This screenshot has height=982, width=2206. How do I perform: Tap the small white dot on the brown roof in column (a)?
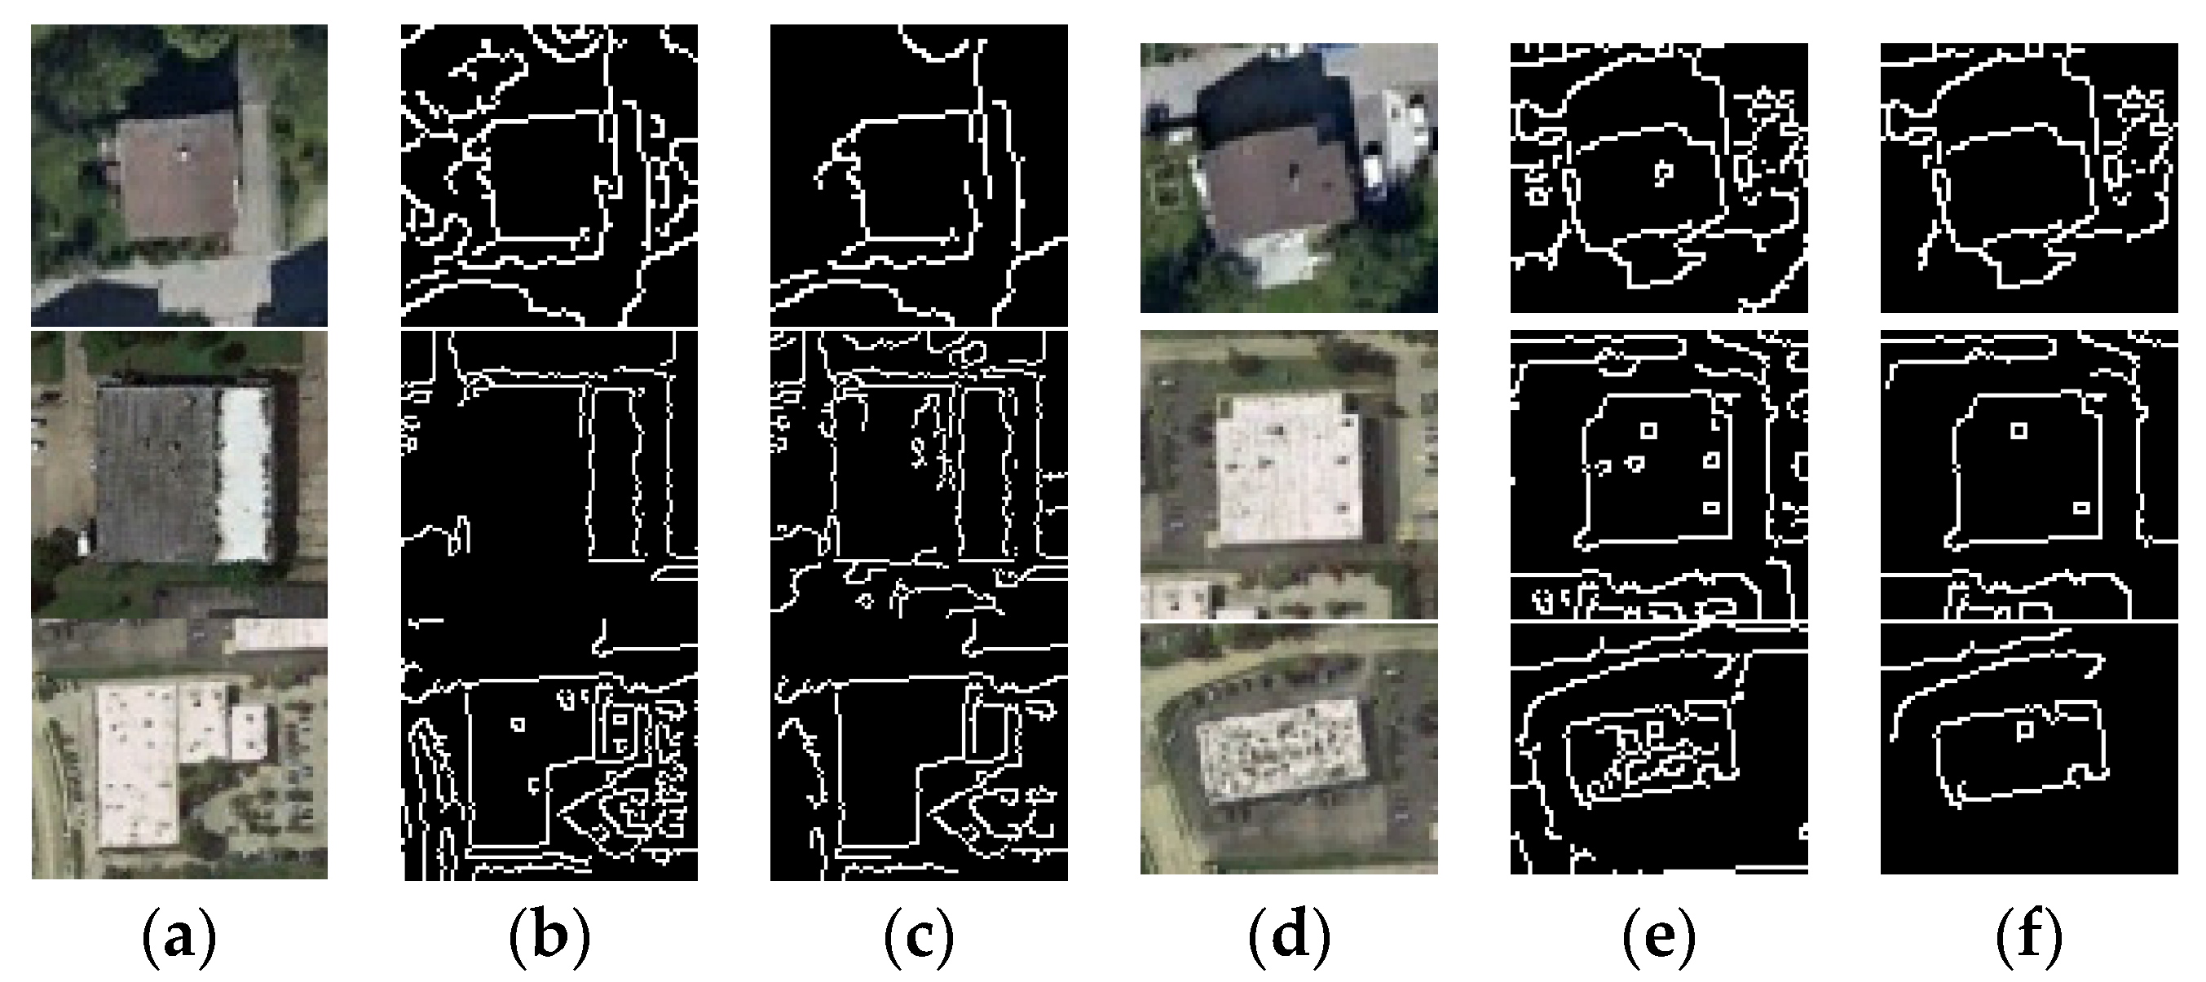[x=183, y=154]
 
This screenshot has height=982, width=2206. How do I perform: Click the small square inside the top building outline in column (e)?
[x=1663, y=172]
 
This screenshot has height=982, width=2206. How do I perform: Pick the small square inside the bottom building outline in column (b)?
[x=516, y=724]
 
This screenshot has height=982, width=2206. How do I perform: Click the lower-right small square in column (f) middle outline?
[x=2081, y=509]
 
